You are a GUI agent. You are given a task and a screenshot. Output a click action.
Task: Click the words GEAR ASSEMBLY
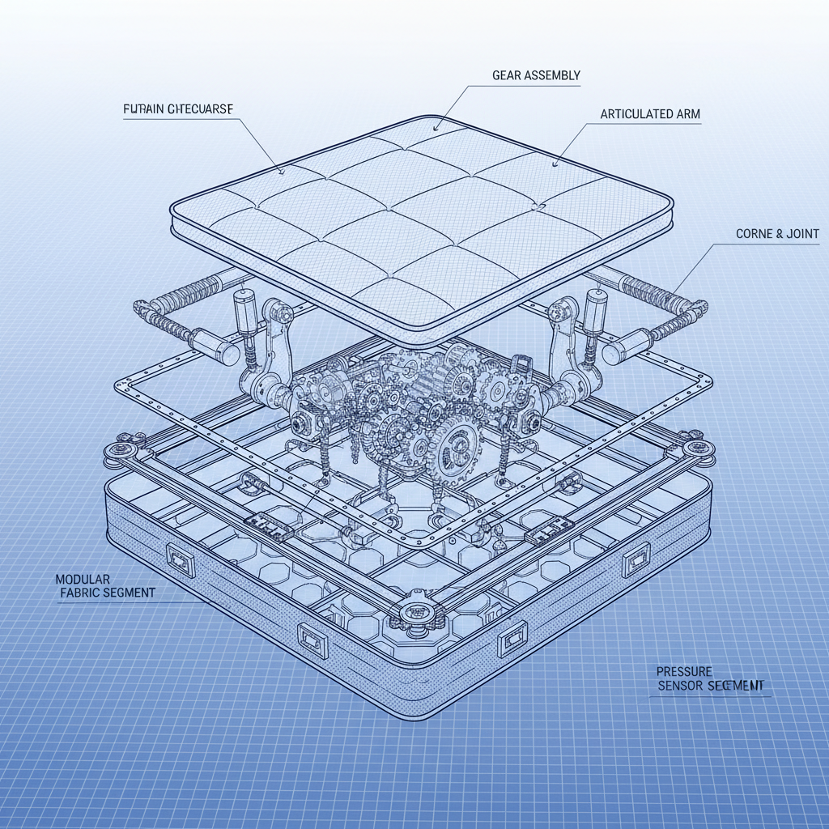click(x=536, y=75)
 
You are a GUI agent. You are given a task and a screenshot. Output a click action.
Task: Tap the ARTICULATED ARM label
click(x=650, y=115)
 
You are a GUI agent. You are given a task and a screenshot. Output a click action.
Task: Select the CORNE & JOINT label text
click(x=777, y=234)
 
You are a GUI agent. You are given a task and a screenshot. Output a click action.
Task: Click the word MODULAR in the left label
click(x=83, y=580)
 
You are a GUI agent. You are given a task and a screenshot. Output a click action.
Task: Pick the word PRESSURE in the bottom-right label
click(x=684, y=671)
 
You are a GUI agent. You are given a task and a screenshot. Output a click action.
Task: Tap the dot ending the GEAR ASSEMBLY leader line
click(x=436, y=127)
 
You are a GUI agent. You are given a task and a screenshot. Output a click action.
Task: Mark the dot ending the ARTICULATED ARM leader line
click(x=555, y=164)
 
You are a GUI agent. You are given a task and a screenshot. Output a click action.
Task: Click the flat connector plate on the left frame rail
click(x=267, y=526)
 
